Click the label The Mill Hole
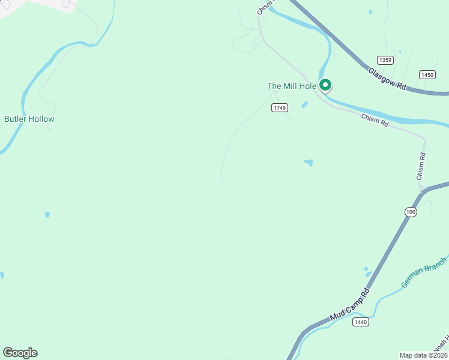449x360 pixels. coord(291,86)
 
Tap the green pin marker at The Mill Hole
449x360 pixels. coord(325,86)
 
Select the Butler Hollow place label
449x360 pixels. coord(29,119)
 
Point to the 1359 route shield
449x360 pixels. coord(385,60)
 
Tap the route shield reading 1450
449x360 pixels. coord(427,75)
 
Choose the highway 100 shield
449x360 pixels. coord(411,212)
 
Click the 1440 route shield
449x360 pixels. coord(360,322)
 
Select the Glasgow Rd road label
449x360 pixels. coord(387,79)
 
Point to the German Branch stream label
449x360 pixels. coord(424,272)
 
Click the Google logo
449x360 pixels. coord(20,353)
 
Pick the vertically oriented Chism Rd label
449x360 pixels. coord(421,166)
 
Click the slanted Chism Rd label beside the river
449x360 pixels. coord(375,120)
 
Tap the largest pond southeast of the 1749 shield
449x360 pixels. coord(309,163)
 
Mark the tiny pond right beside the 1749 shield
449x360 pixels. coord(304,105)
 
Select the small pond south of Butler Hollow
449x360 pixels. coord(47,214)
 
